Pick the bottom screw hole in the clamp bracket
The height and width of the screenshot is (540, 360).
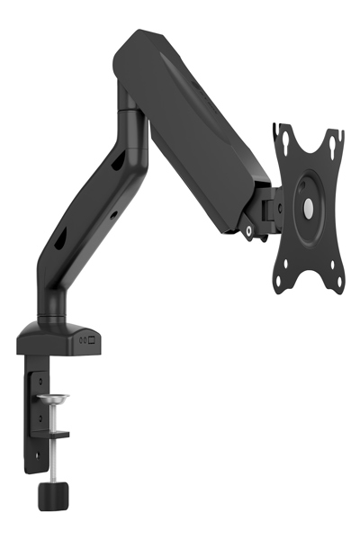pos(39,454)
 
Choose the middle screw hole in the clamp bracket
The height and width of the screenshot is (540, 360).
pos(39,417)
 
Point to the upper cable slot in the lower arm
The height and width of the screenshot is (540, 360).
pos(118,162)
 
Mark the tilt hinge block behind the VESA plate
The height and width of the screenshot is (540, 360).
pos(270,208)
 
